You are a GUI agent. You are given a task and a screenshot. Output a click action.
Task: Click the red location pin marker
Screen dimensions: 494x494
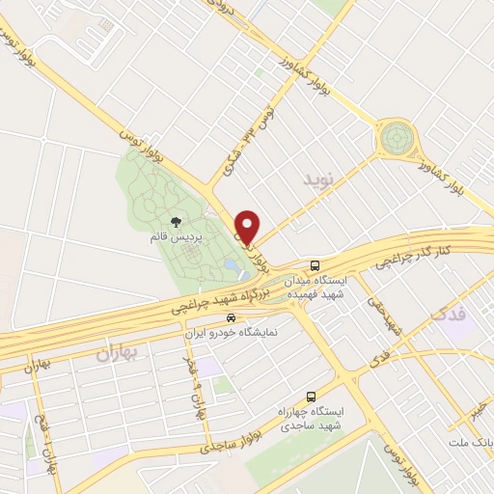coord(247,226)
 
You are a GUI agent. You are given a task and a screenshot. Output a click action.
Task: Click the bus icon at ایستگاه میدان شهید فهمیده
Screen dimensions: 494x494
coord(316,264)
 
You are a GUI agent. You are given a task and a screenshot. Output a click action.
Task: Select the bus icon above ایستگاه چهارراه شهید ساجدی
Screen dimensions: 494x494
coord(311,396)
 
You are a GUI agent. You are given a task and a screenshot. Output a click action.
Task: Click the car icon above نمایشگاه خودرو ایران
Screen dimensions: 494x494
coord(229,317)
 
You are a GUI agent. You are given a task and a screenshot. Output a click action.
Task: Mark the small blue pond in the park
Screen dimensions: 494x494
coord(230,264)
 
